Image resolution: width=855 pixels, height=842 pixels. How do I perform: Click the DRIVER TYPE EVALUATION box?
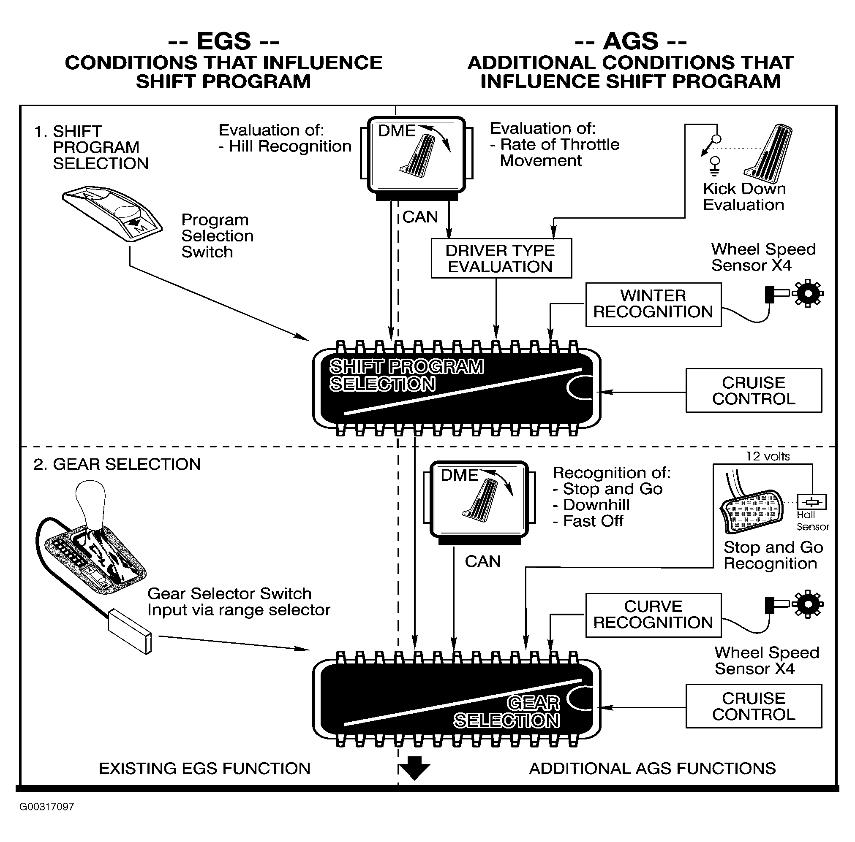point(501,258)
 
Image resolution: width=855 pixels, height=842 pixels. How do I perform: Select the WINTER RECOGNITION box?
point(653,305)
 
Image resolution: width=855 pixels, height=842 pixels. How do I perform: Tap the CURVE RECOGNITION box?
point(653,615)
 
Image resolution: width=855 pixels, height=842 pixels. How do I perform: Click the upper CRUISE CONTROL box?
point(754,390)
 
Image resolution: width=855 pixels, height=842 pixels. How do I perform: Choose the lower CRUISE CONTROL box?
point(754,706)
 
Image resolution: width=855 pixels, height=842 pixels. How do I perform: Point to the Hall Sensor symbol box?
point(811,502)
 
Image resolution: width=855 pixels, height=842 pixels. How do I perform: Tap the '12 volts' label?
point(768,456)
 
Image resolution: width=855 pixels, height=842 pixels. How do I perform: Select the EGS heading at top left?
point(223,41)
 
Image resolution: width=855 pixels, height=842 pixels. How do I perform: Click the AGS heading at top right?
point(631,41)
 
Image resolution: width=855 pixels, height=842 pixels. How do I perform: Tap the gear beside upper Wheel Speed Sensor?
point(808,293)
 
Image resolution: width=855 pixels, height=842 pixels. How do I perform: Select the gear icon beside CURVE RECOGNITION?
point(808,604)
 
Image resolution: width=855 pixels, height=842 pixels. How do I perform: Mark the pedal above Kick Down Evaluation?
point(769,154)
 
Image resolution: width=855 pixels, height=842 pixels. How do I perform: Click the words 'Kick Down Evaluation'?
point(744,197)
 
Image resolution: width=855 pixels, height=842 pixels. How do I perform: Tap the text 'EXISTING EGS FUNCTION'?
point(204,769)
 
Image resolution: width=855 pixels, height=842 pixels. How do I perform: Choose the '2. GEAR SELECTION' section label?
point(117,464)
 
